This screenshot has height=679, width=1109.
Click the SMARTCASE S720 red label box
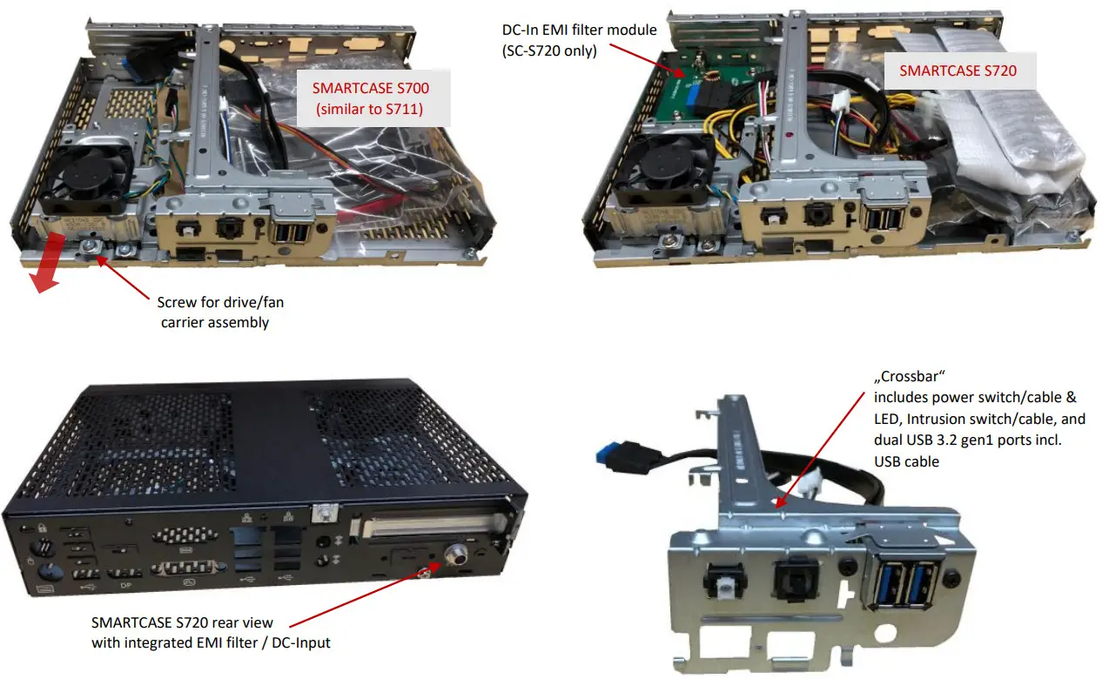(958, 71)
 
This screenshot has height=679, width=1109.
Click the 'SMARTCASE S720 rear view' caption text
(182, 622)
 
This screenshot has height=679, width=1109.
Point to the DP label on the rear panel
(125, 585)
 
